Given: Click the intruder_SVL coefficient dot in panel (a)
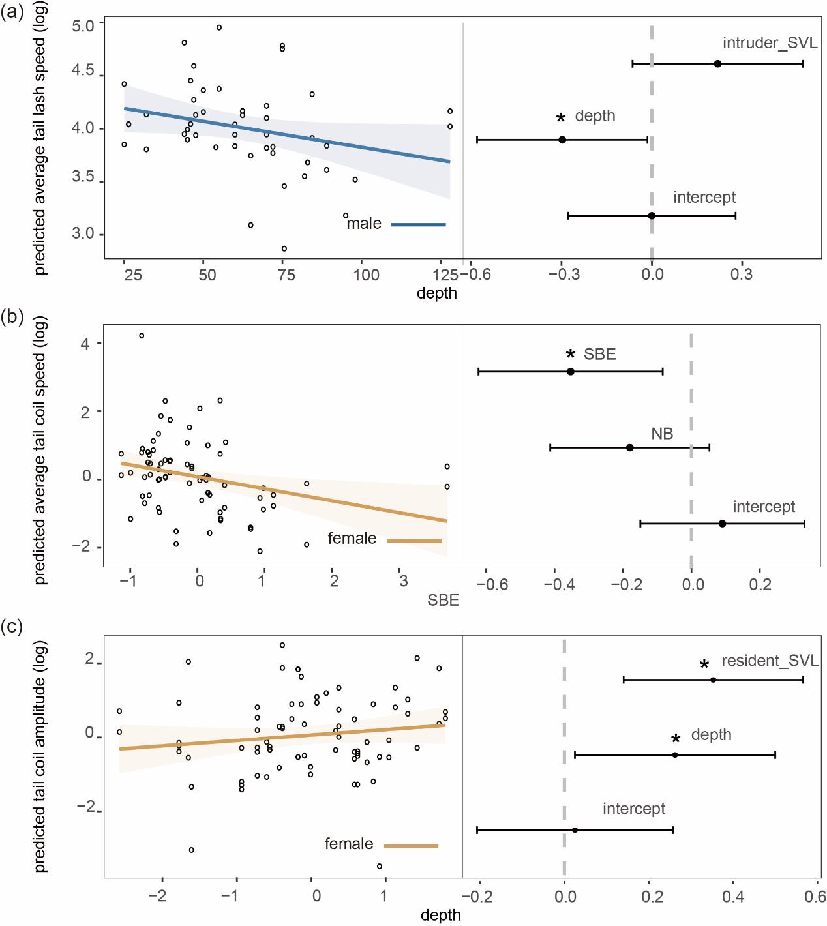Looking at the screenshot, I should (x=717, y=63).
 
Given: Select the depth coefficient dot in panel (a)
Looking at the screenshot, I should (x=562, y=140).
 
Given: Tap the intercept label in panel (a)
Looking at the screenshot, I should (x=704, y=197).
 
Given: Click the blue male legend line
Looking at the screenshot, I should (x=419, y=224).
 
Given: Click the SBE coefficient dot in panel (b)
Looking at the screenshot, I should (x=571, y=372).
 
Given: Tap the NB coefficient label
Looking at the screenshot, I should (x=662, y=434).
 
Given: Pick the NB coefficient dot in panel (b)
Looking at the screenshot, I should (x=630, y=447).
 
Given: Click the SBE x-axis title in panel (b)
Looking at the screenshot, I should (x=444, y=601).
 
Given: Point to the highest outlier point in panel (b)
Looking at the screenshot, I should (x=142, y=336).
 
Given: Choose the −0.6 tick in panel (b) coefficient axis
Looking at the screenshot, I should (x=493, y=585).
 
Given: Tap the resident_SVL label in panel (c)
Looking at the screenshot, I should (x=770, y=661).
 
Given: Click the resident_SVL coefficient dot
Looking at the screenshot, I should (x=713, y=680).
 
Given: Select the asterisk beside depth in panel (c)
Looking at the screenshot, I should (x=676, y=739).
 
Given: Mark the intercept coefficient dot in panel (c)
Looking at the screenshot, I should (x=575, y=830).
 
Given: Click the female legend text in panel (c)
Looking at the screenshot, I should (x=349, y=844).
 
